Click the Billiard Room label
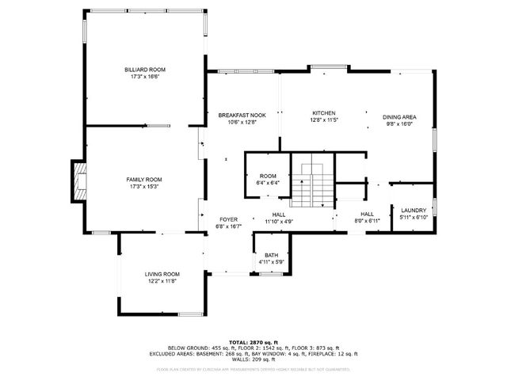144,70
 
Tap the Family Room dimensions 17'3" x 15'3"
144,187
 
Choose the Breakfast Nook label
242,115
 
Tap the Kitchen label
324,113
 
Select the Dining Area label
399,116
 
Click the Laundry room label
413,210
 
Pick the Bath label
271,255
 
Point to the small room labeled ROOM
268,176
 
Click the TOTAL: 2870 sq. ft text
253,341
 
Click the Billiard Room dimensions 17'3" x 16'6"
144,78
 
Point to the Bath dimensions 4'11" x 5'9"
271,262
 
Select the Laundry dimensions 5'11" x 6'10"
413,218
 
